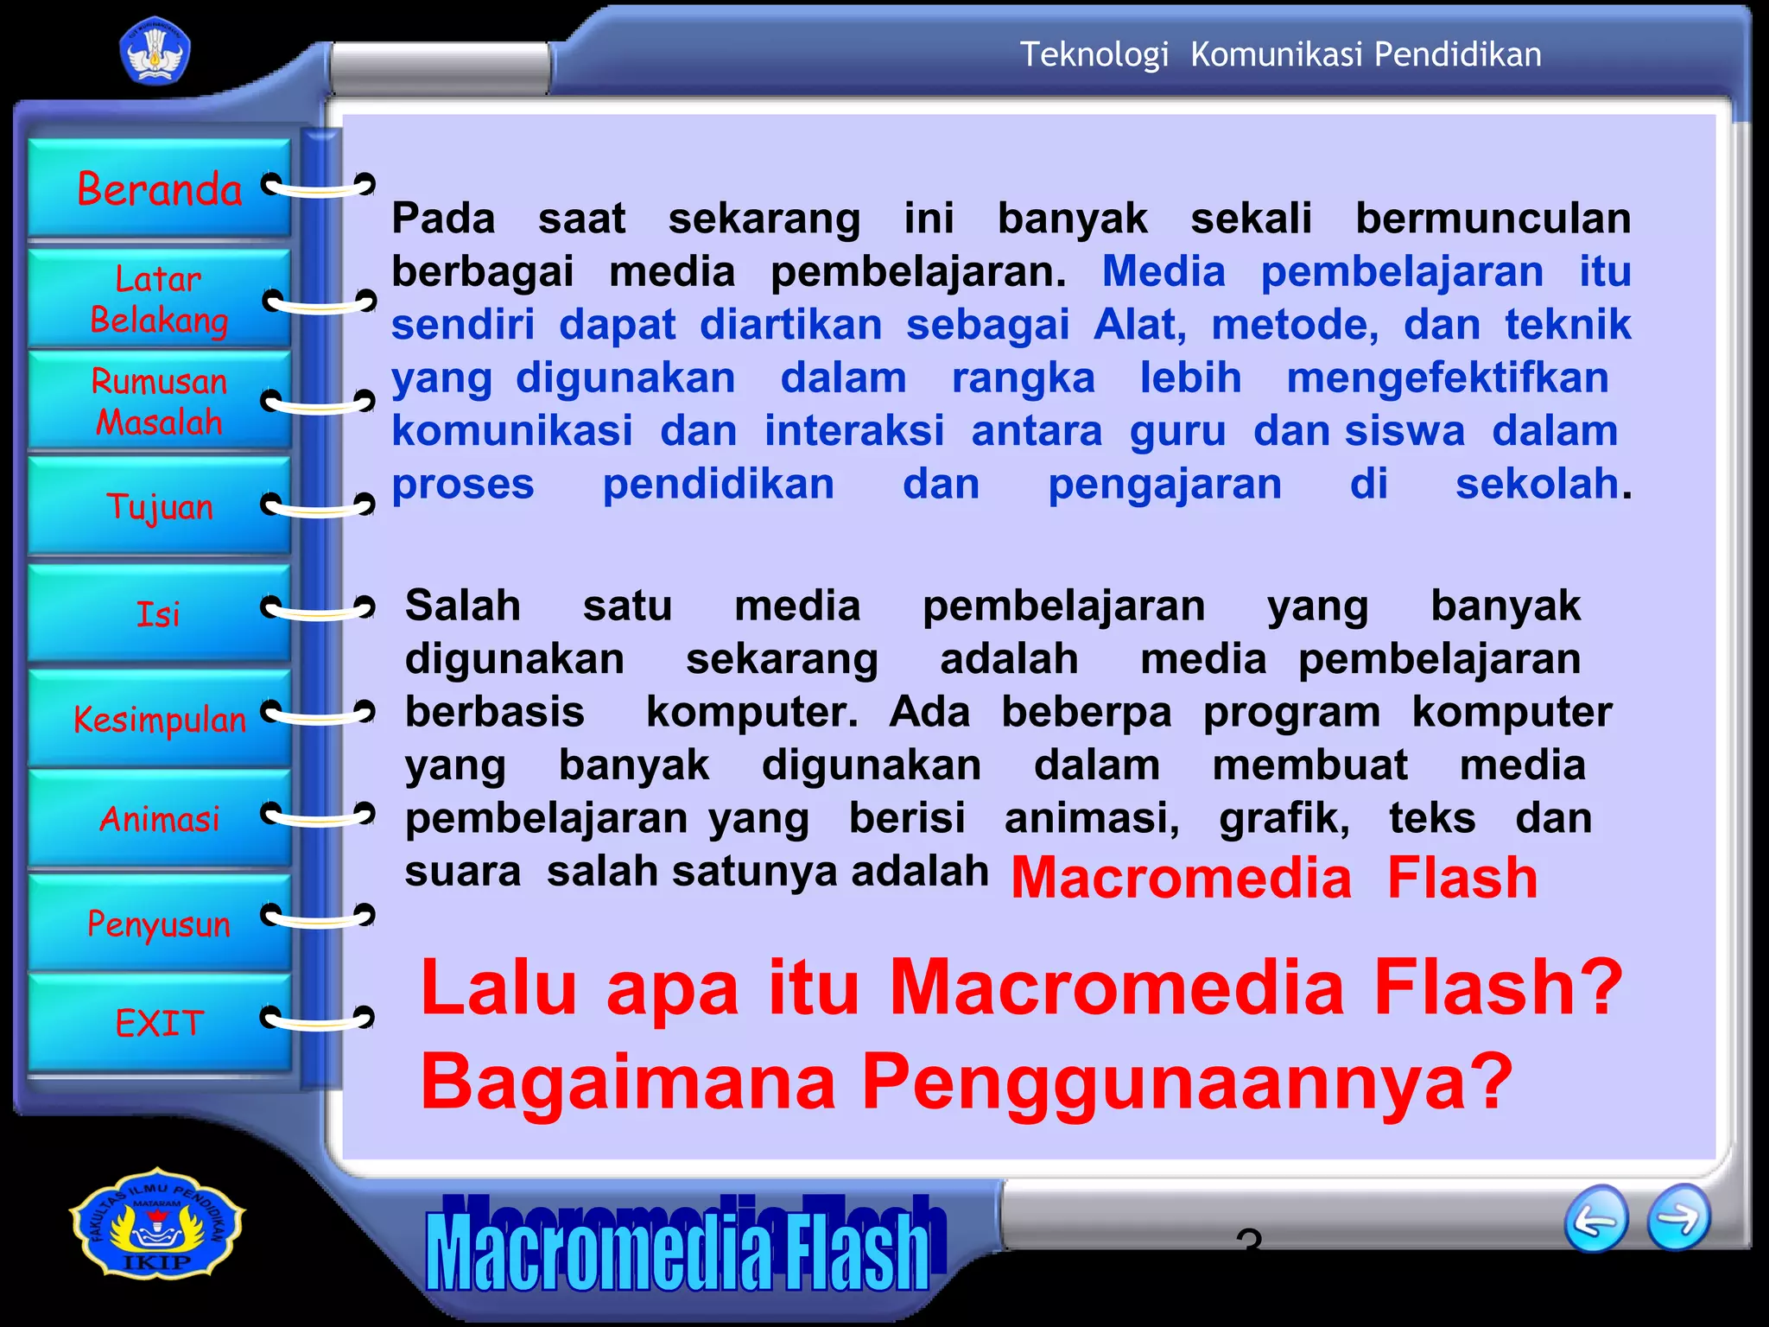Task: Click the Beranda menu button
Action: click(x=160, y=188)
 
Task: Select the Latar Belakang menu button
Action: click(x=160, y=299)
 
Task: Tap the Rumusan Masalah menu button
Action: click(x=160, y=401)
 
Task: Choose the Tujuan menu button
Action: click(x=160, y=506)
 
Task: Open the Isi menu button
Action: click(x=160, y=613)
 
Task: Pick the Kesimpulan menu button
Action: click(x=160, y=719)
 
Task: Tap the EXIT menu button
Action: click(x=160, y=1024)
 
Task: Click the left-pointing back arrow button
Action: click(x=1596, y=1219)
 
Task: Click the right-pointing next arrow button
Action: click(x=1678, y=1217)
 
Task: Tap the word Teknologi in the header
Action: click(x=1094, y=54)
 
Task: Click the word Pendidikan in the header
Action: click(x=1458, y=54)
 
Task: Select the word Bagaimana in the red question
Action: click(x=628, y=1082)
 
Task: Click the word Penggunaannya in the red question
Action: click(x=1188, y=1082)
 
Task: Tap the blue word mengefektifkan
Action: click(x=1448, y=378)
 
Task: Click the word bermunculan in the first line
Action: click(x=1493, y=218)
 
